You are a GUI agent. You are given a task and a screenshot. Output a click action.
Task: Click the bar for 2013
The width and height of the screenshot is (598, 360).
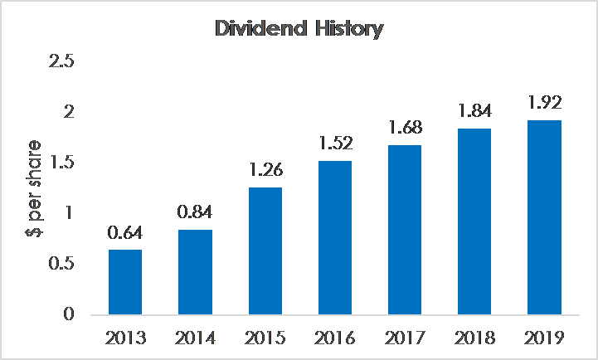point(125,282)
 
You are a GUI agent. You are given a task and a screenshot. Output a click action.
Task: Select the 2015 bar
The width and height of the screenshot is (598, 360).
point(265,251)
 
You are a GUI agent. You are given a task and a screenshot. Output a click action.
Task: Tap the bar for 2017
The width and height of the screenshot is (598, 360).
point(405,230)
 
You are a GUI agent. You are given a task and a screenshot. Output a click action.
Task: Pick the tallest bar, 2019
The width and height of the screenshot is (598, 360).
point(544,217)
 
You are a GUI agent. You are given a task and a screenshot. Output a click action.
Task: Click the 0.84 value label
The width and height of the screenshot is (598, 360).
point(195,212)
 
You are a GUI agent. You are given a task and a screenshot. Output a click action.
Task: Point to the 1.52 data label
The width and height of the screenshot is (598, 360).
point(335,143)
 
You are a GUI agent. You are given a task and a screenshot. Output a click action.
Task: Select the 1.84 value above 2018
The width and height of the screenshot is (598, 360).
point(474,110)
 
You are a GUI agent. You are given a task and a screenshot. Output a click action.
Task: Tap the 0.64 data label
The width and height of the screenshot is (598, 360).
point(125,232)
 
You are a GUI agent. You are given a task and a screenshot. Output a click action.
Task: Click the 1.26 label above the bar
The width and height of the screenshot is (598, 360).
point(265,170)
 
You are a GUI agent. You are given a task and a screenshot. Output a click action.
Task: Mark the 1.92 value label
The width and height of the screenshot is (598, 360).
point(545,103)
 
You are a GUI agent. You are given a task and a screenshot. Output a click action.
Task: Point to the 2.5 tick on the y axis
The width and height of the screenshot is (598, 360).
point(61,61)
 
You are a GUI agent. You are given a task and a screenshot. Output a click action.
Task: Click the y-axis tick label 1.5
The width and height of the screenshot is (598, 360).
point(61,163)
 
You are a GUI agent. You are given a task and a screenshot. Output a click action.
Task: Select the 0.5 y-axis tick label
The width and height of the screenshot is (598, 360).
point(61,264)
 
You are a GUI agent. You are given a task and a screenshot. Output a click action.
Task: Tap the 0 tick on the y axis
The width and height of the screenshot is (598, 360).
point(69,314)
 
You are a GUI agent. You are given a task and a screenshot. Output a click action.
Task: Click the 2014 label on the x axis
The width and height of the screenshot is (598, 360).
point(195,338)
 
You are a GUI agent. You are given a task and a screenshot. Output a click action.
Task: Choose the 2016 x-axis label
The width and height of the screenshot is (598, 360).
point(335,338)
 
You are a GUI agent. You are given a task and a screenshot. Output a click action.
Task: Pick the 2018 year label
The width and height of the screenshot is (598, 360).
point(474,338)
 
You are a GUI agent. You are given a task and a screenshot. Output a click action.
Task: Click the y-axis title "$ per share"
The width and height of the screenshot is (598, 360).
point(34,188)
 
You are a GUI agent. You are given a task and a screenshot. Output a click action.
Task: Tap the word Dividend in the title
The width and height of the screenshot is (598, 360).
point(261,28)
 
